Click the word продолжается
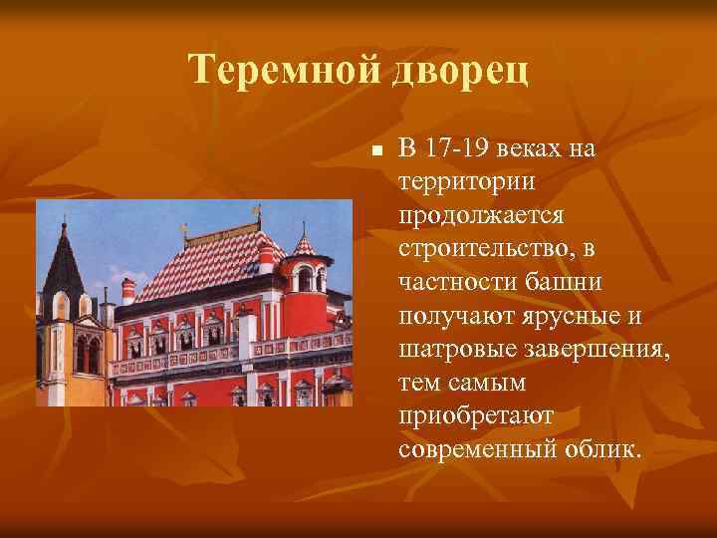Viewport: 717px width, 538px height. [x=482, y=216]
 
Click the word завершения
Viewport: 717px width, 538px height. [x=589, y=350]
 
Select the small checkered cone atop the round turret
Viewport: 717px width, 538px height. [x=305, y=243]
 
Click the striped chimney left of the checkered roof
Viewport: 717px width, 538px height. [x=128, y=290]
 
